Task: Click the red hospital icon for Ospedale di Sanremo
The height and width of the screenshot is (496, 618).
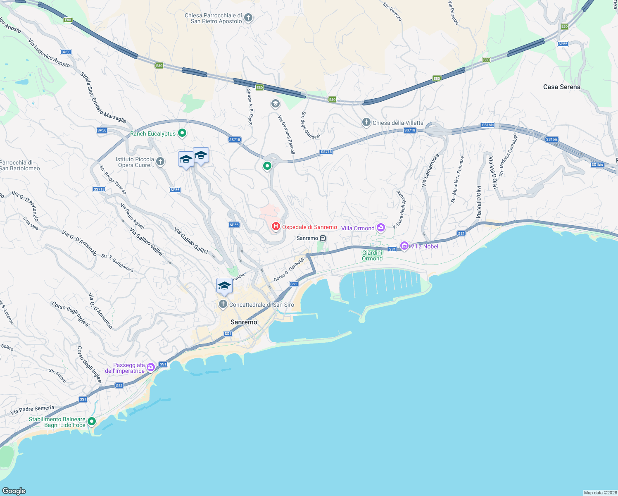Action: [x=276, y=227]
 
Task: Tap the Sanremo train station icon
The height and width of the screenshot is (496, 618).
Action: [x=323, y=238]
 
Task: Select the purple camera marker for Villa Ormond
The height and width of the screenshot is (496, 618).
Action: [x=381, y=228]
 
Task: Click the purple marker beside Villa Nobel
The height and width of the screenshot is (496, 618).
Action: [x=404, y=246]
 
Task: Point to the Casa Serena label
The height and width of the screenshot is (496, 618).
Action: [x=561, y=87]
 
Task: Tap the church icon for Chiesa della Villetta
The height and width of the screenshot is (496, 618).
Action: [x=366, y=122]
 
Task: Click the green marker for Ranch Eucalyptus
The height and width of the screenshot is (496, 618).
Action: [x=182, y=133]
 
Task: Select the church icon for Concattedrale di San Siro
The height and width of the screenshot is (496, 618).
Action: [x=223, y=305]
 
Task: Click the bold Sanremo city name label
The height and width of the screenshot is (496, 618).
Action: [x=244, y=322]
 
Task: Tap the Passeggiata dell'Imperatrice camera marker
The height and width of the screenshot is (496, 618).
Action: [x=151, y=367]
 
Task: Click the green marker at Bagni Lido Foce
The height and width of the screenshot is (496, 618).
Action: [x=92, y=421]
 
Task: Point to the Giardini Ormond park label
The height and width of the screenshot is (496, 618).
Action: [x=372, y=255]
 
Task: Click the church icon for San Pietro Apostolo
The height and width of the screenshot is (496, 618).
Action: [x=248, y=18]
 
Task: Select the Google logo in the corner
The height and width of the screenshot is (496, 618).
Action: [x=14, y=491]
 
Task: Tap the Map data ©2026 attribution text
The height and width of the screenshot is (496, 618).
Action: [x=600, y=493]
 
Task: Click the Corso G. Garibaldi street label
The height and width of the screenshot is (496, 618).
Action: [x=289, y=269]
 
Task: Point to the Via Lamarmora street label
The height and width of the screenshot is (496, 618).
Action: [x=430, y=170]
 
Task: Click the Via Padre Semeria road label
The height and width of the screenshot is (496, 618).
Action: [x=32, y=410]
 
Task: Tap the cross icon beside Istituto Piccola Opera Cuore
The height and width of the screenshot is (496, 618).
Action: [x=161, y=162]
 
